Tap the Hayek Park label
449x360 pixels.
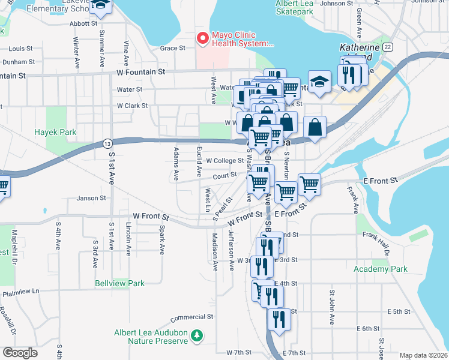[x=55, y=131]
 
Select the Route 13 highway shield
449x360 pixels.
[x=107, y=143]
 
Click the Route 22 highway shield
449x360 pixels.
[x=388, y=47]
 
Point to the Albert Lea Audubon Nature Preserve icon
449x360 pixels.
[x=197, y=337]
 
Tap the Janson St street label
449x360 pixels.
[x=91, y=197]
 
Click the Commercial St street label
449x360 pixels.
[x=192, y=317]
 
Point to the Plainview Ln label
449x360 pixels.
[x=20, y=292]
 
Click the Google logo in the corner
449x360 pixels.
[x=20, y=353]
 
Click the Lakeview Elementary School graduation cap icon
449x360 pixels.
[x=101, y=6]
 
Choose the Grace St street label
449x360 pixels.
[x=172, y=49]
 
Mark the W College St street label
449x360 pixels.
[x=225, y=161]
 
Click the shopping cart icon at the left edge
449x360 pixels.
[x=2, y=187]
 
